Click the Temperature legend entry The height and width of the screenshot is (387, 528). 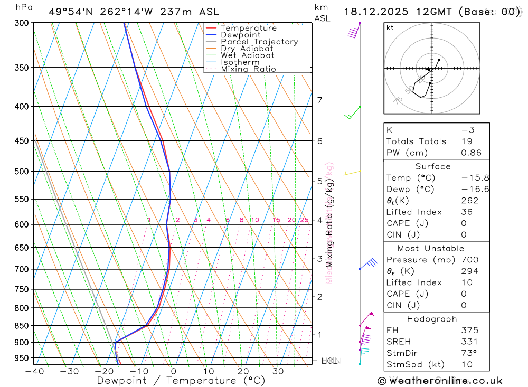coord(248,28)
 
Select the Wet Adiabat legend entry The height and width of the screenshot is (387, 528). coord(247,55)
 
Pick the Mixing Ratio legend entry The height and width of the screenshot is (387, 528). coord(248,69)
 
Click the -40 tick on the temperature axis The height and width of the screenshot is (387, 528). coord(34,371)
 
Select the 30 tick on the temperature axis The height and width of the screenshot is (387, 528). coord(278,371)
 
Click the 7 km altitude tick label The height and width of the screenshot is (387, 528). coord(319,100)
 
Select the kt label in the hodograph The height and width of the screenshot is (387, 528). coord(390,27)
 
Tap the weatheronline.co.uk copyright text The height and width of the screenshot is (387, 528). coord(440,381)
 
